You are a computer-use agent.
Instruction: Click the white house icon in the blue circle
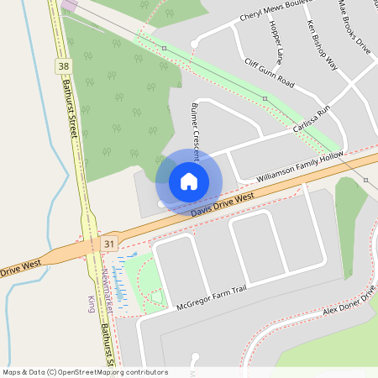click(189, 181)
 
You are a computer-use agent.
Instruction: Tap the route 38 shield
click(65, 65)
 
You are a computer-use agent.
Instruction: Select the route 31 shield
click(108, 244)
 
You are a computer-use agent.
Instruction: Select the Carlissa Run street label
click(312, 121)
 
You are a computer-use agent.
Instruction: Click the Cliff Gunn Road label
click(269, 73)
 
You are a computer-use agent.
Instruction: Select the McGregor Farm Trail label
click(211, 297)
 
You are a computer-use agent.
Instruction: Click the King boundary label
click(91, 303)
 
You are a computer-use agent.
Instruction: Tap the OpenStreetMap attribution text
click(85, 372)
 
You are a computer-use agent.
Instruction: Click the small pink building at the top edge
click(68, 5)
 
